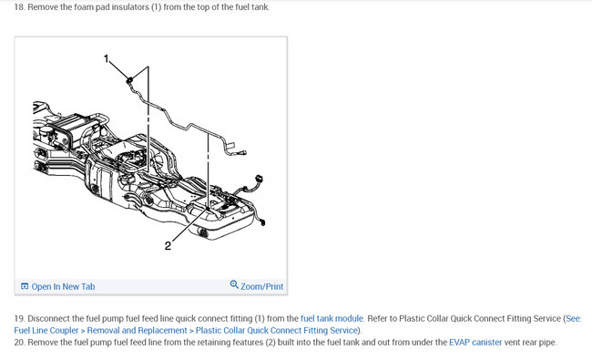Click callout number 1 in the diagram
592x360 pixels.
coord(106,58)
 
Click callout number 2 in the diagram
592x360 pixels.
coord(168,246)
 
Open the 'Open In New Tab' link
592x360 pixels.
coord(63,287)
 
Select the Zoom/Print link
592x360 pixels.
coord(261,287)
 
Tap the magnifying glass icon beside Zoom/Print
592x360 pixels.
coord(234,284)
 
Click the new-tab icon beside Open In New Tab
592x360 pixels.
coord(25,286)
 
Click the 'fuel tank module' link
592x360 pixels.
coord(332,318)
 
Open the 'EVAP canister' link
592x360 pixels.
coord(475,343)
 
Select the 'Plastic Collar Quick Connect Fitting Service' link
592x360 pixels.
coord(276,331)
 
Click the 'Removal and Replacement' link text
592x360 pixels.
coord(137,331)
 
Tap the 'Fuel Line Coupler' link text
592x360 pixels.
coord(46,331)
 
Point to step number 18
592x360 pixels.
coord(19,7)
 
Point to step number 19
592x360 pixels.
coord(19,318)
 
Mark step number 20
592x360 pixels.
coord(19,343)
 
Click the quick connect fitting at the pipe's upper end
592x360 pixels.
coord(129,80)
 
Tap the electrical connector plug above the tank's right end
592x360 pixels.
coord(259,179)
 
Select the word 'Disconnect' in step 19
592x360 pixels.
coord(48,318)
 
